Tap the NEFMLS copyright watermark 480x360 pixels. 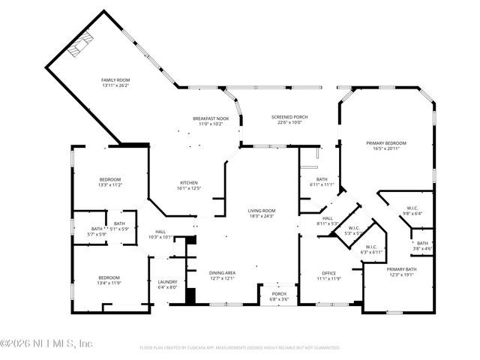46,343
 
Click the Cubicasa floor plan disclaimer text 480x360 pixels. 240,348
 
